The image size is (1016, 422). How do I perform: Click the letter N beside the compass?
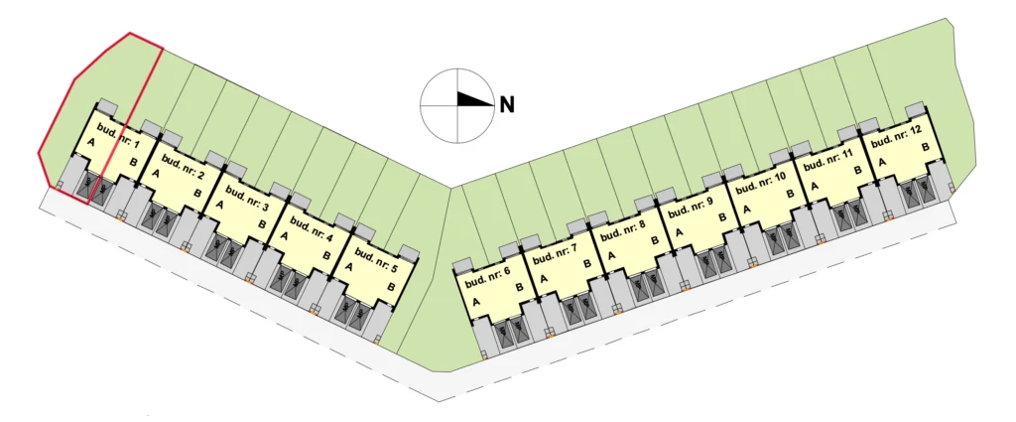pos(507,105)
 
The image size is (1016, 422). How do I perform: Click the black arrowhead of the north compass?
pos(475,99)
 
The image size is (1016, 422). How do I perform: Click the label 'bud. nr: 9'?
pos(691,209)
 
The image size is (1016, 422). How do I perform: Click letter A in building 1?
pos(90,142)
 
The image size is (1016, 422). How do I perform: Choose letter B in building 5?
pos(391,287)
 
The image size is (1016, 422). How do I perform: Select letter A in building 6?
pos(476,302)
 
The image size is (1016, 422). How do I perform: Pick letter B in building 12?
pos(926,148)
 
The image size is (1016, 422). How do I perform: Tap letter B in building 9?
pos(722,217)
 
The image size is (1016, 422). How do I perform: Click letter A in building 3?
pos(219,205)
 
